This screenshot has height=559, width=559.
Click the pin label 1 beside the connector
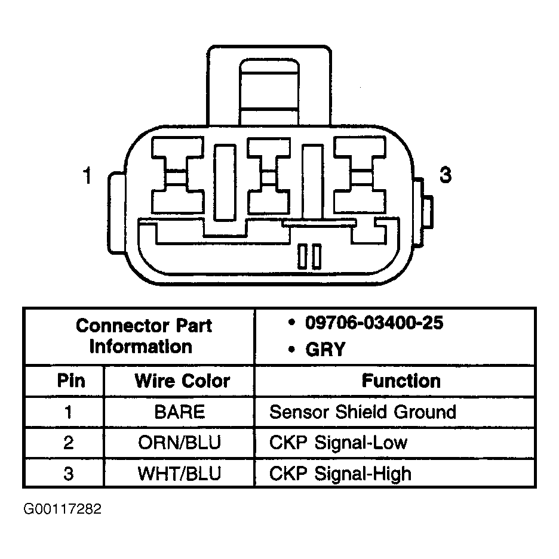pos(87,177)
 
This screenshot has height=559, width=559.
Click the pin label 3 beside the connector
pos(445,175)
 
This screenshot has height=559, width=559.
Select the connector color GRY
pos(325,349)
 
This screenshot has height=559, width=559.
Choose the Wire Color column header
pos(182,381)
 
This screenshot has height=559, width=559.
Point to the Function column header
pos(401,381)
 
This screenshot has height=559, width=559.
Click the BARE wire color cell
pos(179,412)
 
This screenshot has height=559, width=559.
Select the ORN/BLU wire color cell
pos(179,443)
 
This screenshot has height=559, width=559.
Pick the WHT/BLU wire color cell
pos(179,474)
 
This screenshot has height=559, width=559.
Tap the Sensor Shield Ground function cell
pos(363,412)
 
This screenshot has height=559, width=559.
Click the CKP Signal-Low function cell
pos(338,443)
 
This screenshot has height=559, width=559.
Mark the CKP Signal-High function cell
pos(340,474)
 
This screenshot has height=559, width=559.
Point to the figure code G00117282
pos(63,509)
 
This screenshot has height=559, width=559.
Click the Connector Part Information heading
pos(143,336)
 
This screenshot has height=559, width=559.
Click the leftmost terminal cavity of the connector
pos(179,177)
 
